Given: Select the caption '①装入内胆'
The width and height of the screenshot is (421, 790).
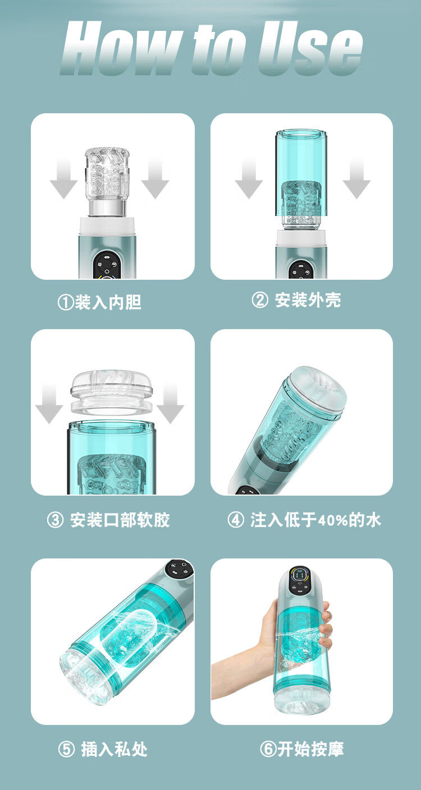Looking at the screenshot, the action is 99,302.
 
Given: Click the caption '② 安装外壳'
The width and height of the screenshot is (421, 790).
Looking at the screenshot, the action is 296,300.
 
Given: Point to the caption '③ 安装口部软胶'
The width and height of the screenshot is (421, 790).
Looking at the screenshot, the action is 108,520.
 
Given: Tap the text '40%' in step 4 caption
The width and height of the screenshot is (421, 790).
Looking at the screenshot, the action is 333,520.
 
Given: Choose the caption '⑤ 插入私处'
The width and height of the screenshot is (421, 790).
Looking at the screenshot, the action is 102,749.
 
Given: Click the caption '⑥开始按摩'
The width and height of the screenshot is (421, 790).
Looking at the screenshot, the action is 302,749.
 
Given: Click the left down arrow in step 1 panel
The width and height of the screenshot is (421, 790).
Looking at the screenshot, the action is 64,178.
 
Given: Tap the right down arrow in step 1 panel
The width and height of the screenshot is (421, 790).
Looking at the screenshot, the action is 155,178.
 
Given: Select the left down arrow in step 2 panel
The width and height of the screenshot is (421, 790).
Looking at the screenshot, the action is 249,178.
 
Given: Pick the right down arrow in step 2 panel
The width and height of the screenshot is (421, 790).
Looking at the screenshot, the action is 356,178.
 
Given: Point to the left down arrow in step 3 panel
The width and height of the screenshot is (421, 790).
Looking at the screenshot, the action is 49,403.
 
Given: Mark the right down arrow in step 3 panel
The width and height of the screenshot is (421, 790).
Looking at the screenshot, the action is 170,403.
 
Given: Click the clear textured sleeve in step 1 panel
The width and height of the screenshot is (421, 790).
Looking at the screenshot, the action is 107,181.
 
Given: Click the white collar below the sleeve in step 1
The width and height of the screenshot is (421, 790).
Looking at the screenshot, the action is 107,227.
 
